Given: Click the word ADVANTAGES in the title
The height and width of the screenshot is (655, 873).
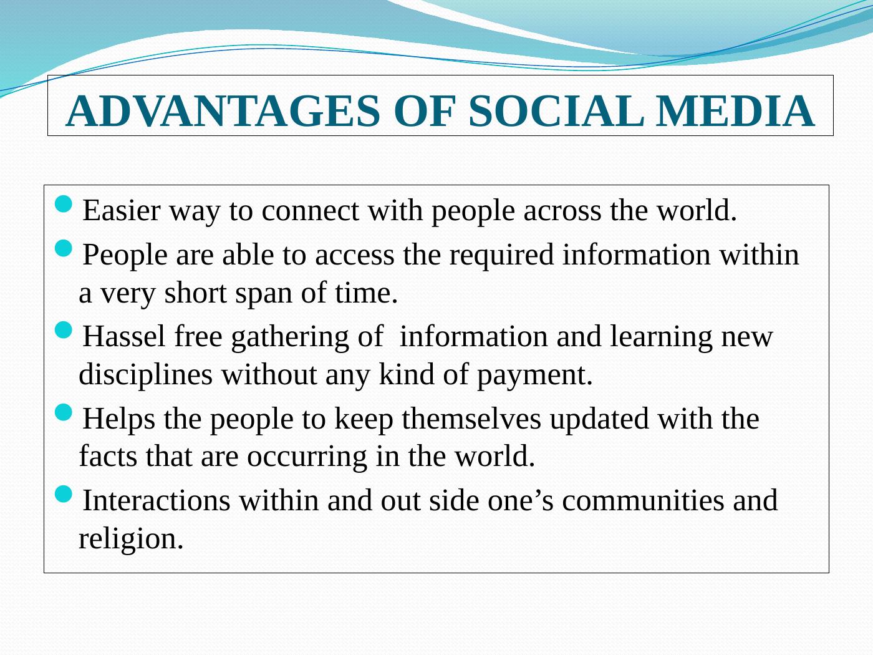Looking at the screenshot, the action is [x=223, y=112].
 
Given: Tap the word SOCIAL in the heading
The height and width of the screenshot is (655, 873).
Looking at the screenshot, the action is [x=556, y=112].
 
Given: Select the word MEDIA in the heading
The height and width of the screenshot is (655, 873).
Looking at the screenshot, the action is [x=735, y=112].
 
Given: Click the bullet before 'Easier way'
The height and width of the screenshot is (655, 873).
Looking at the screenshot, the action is [x=63, y=203].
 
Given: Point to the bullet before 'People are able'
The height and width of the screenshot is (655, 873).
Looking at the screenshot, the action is [x=63, y=248].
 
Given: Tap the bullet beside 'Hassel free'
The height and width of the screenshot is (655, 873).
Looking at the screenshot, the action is [x=63, y=330].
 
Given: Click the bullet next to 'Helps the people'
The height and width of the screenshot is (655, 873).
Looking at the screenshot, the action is [x=63, y=412].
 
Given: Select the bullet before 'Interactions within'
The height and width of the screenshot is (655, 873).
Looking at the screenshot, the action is [x=63, y=493].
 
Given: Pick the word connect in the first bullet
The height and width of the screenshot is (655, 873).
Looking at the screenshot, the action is [x=310, y=210].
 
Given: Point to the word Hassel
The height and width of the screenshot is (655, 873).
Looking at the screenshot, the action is [x=123, y=337].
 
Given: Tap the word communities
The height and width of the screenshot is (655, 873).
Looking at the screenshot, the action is [x=643, y=500].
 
